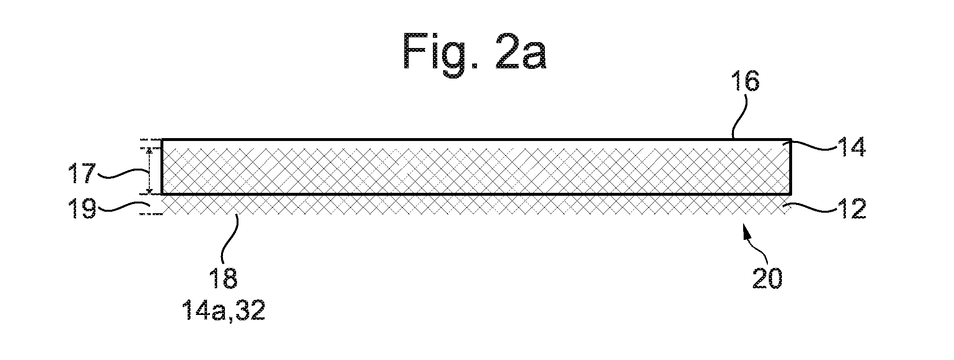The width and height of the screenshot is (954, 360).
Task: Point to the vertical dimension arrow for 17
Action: pyautogui.click(x=149, y=171)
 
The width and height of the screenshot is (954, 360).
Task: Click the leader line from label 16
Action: pyautogui.click(x=739, y=119)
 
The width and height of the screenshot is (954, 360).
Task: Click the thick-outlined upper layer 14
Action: pyautogui.click(x=476, y=167)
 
